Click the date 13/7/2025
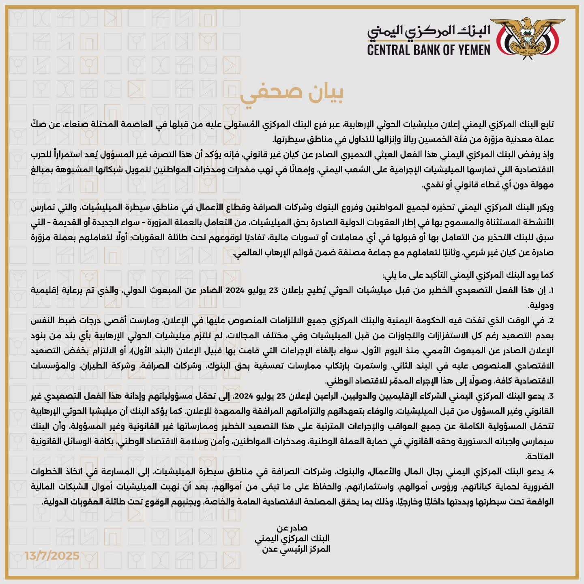tap(52, 555)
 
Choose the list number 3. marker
tap(550, 396)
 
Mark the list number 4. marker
tap(550, 472)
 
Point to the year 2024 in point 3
tap(245, 396)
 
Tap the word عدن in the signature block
tap(270, 549)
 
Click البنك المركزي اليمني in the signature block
tap(292, 539)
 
